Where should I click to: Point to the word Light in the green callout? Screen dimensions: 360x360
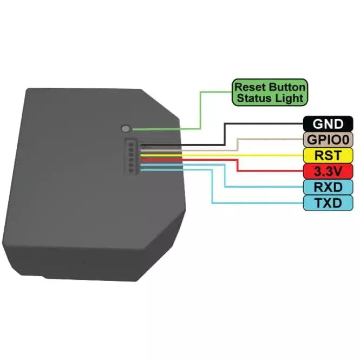[x=290, y=99]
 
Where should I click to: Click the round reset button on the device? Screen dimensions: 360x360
[x=126, y=129]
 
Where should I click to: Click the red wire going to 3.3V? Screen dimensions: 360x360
[x=238, y=166]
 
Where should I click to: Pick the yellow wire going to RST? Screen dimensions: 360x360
[x=227, y=155]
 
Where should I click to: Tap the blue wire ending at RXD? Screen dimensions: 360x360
[x=225, y=176]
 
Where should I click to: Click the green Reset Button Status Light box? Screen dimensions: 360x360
[x=270, y=93]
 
